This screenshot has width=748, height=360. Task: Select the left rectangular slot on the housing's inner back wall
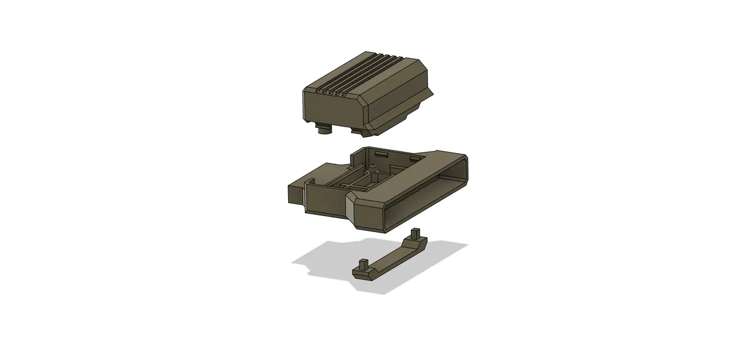click(x=381, y=154)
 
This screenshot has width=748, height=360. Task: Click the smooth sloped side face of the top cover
click(x=398, y=101)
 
